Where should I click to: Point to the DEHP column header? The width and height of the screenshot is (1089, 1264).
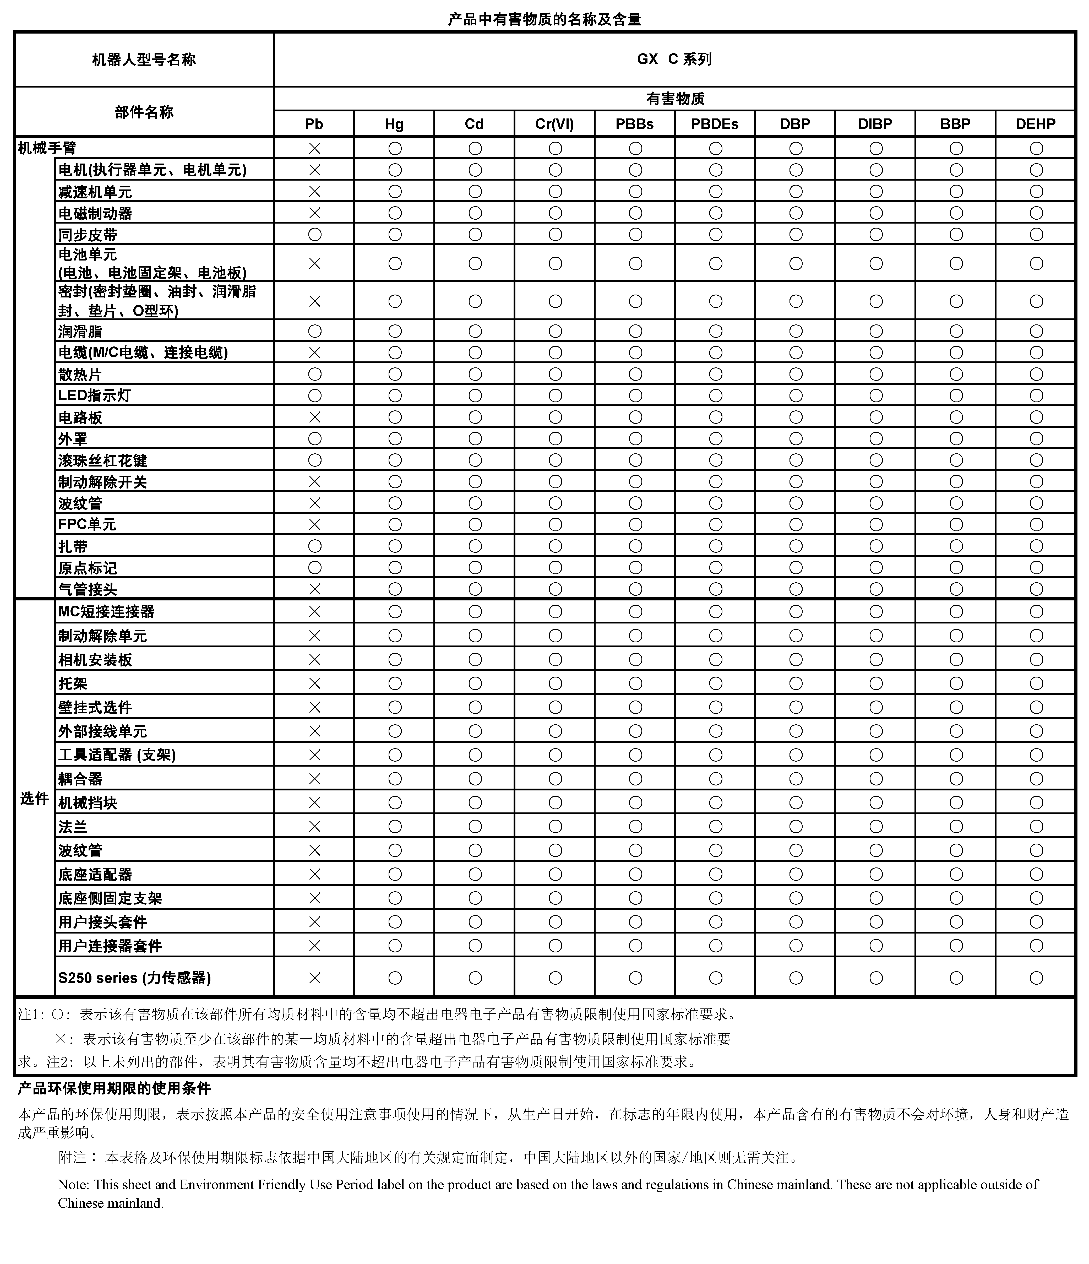tap(1035, 124)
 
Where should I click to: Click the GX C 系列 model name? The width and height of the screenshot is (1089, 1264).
tap(674, 59)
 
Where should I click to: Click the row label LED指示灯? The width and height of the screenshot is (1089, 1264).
tap(95, 395)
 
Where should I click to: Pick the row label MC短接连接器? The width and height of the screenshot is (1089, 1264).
tap(106, 611)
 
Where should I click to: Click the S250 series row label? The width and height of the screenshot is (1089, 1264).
tap(134, 978)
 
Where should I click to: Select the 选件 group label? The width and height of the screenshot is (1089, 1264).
tap(34, 799)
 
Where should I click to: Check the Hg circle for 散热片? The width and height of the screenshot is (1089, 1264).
tap(395, 374)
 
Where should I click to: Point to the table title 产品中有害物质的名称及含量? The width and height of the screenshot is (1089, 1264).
tap(544, 19)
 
